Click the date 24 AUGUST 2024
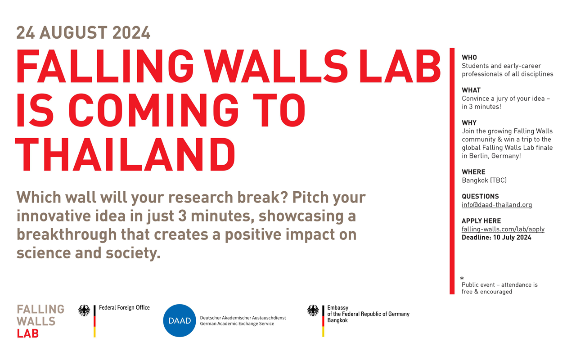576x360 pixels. point(83,33)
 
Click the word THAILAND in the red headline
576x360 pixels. point(125,154)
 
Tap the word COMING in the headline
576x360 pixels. point(153,110)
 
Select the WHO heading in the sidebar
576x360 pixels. point(469,57)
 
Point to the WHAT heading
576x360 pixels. point(471,90)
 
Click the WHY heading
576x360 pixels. point(469,123)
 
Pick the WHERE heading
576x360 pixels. point(473,172)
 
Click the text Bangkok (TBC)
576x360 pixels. point(484,180)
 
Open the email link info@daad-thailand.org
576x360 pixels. point(497,205)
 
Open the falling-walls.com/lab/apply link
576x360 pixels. point(503,229)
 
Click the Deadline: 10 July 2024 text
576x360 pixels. point(496,237)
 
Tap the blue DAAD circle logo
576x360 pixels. point(180,320)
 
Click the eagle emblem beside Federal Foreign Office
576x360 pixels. point(84,310)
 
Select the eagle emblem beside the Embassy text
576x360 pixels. point(313,310)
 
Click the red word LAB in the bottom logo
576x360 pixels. point(28,333)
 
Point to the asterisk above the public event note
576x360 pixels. point(462,278)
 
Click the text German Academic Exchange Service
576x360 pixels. point(237,324)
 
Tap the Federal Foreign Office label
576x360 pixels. point(124,307)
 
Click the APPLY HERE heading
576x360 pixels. point(481,221)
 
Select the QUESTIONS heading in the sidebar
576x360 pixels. point(480,197)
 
